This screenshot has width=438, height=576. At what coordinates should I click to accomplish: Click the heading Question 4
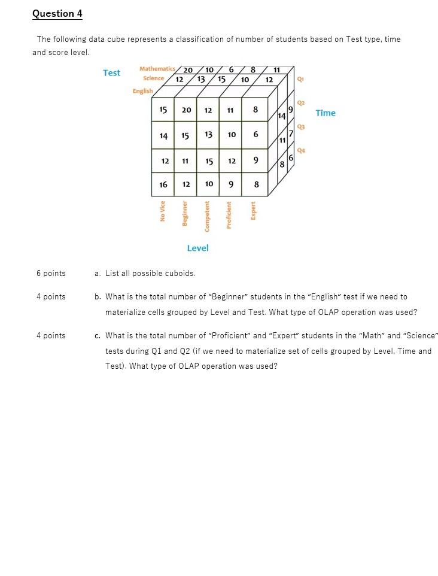[57, 13]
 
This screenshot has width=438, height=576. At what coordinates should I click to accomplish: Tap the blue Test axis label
[111, 72]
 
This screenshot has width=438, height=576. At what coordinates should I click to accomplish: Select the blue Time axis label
[326, 113]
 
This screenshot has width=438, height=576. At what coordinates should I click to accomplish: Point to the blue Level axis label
[197, 248]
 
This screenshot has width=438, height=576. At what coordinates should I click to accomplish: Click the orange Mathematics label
[157, 69]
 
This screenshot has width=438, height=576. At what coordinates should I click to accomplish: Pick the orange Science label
[153, 78]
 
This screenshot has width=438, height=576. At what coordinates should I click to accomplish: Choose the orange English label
[142, 91]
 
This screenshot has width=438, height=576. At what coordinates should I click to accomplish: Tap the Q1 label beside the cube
[300, 78]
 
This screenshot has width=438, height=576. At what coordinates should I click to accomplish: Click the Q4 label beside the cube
[301, 150]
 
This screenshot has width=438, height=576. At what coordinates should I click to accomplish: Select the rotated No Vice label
[163, 211]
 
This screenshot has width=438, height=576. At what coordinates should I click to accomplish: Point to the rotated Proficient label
[229, 214]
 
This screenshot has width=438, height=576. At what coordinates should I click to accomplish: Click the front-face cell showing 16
[163, 184]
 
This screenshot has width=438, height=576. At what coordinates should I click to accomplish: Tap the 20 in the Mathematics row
[187, 70]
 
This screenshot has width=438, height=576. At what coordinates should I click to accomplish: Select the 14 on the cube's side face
[282, 116]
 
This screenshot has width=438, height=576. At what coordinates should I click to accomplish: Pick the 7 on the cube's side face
[291, 133]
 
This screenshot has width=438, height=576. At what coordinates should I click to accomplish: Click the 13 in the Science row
[201, 79]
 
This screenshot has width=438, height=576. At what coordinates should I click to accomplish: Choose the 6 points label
[51, 274]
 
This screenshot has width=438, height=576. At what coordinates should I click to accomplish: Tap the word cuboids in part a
[181, 274]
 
